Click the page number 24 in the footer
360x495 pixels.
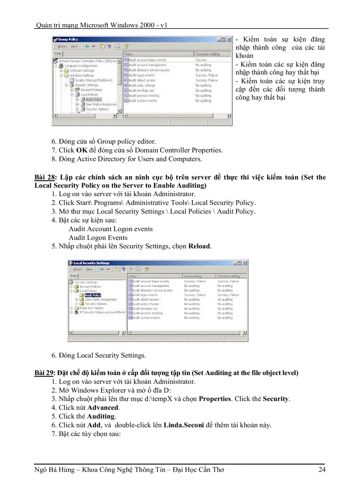coord(322,470)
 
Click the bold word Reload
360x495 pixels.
coord(199,246)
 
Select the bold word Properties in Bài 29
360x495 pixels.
coord(215,399)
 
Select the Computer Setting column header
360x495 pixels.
coord(207,54)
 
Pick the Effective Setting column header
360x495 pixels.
coord(229,276)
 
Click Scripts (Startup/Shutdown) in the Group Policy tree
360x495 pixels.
coord(94,80)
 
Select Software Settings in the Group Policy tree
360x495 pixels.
coord(82,70)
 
